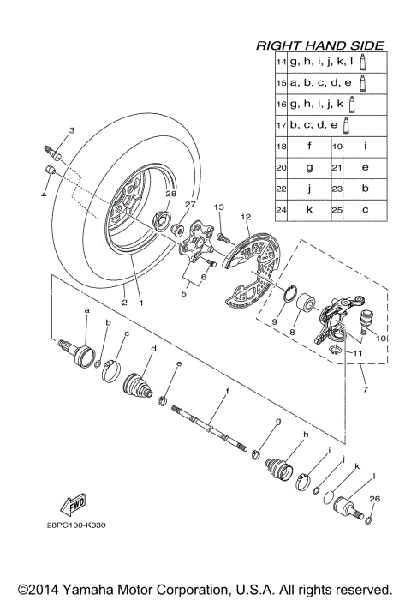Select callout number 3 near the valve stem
(72, 130)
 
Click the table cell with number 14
(280, 63)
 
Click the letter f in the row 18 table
(307, 147)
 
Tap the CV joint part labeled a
(85, 352)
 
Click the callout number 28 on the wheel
(170, 195)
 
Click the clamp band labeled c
(116, 368)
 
